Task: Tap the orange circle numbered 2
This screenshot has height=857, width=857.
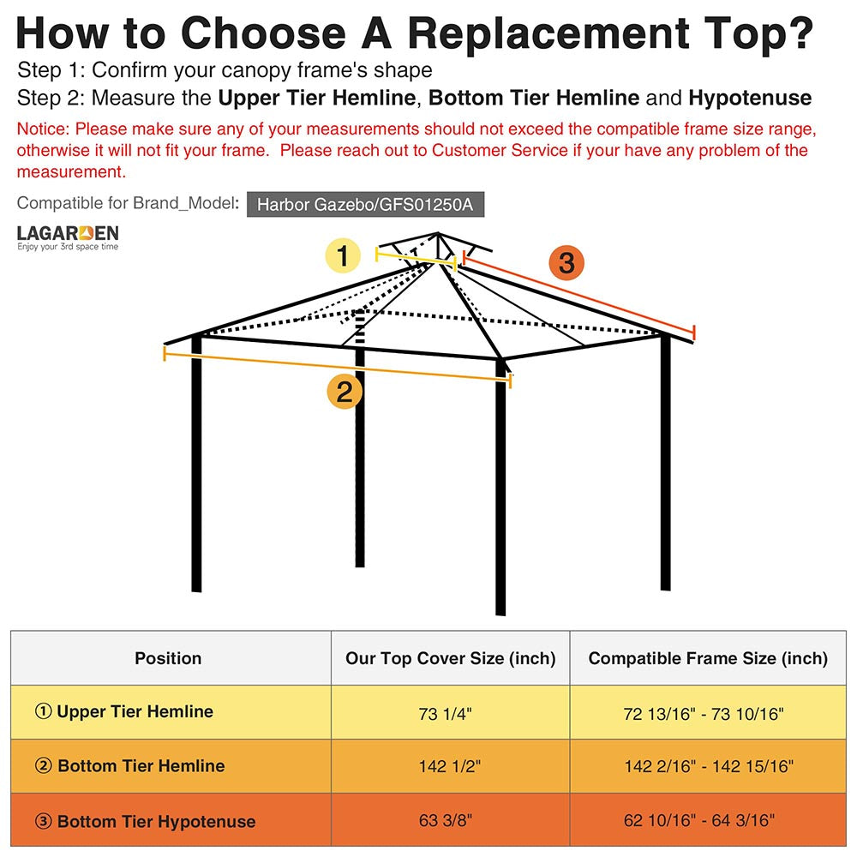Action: pos(345,392)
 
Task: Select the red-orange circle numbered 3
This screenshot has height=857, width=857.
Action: pos(566,262)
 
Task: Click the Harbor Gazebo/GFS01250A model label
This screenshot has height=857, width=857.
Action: pos(370,205)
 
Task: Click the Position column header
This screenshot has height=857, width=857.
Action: pos(168,658)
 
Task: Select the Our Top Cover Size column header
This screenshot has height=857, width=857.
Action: pos(450,658)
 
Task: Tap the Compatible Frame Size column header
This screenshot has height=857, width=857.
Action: pos(708,658)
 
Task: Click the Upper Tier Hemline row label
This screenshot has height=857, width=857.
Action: pos(124,711)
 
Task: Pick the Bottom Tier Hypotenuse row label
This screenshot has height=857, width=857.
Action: pos(146,821)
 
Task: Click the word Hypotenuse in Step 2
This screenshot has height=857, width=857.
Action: pos(749,98)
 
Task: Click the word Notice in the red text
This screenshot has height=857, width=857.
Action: pos(43,129)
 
